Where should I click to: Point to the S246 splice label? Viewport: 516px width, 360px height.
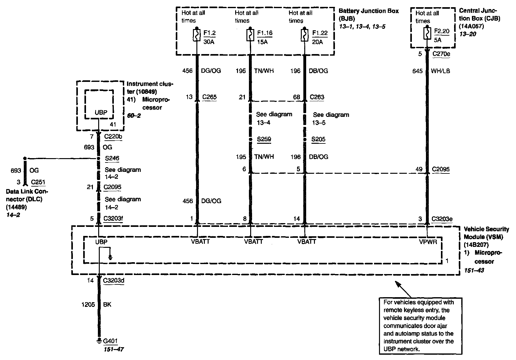point(112,158)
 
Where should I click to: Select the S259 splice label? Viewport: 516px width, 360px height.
point(264,139)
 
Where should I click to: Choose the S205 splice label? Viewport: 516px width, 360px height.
point(318,139)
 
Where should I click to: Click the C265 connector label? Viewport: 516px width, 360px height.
point(210,97)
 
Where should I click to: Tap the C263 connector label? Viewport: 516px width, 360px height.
point(317,97)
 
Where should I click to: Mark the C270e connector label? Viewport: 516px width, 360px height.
point(441,54)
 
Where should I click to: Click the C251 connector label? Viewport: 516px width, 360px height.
point(38,182)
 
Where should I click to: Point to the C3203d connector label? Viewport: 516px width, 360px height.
point(114,280)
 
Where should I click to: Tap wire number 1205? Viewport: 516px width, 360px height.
point(88,304)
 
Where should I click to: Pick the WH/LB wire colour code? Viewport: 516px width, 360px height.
point(441,71)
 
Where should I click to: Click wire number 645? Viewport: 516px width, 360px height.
point(417,71)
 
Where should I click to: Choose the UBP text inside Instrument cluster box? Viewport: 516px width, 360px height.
point(101,112)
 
